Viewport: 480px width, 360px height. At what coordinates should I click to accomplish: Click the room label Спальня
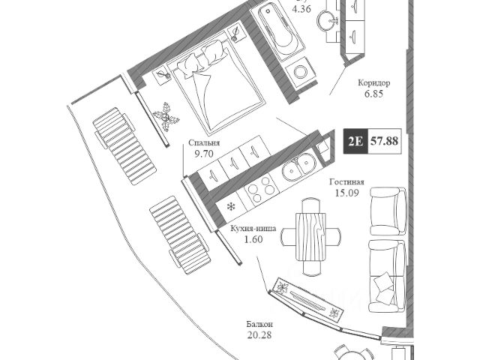click(x=204, y=140)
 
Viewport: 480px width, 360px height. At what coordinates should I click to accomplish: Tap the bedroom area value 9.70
click(x=204, y=152)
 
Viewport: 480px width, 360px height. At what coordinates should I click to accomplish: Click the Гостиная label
click(x=347, y=181)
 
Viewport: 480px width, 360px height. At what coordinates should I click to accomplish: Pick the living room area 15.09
click(x=347, y=193)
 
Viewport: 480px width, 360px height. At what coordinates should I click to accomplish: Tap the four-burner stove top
click(x=259, y=190)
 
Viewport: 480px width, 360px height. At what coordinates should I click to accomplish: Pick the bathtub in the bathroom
click(x=274, y=30)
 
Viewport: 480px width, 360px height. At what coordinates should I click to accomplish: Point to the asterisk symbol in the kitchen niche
click(x=231, y=205)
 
